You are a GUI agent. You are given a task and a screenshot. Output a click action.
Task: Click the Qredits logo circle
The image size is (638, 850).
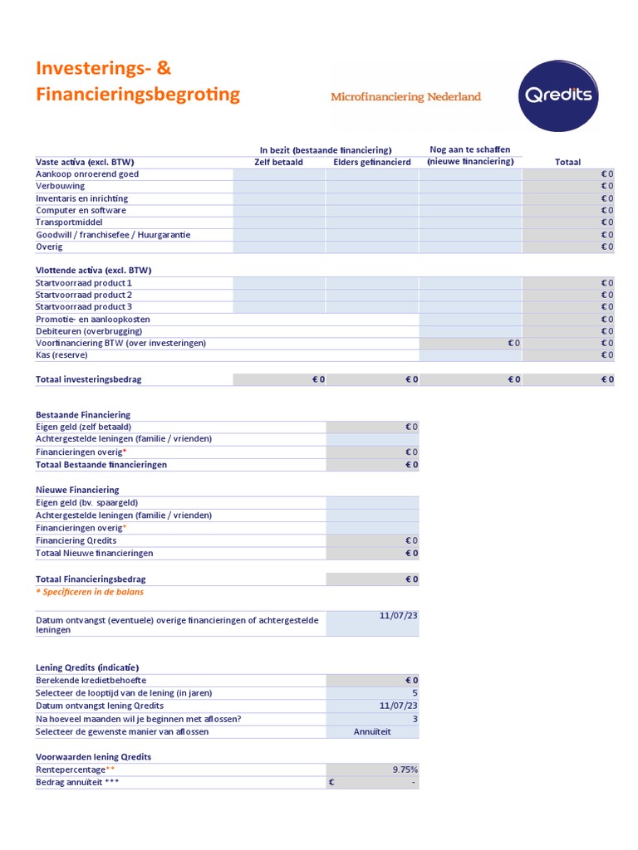point(557,95)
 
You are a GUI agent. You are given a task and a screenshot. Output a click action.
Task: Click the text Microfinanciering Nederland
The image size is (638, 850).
point(405,97)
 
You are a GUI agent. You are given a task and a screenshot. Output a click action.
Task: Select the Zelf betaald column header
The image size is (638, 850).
point(278,162)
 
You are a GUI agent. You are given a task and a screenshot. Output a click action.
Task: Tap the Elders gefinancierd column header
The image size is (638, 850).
point(371,162)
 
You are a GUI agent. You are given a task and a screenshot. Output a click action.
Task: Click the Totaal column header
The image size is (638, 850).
point(567,162)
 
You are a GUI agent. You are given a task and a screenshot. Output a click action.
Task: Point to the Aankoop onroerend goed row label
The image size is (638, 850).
point(87,174)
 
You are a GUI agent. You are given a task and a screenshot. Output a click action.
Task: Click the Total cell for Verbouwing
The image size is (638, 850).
point(568,186)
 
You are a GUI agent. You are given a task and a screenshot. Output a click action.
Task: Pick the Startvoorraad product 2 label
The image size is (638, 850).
point(84,295)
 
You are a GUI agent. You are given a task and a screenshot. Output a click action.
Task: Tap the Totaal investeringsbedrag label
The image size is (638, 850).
point(89,379)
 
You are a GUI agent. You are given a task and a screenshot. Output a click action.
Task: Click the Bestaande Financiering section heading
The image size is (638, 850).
point(83,414)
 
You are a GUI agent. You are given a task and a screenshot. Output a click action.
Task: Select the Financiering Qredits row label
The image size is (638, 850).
point(76,540)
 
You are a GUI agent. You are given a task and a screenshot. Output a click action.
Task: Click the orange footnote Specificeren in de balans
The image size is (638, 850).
point(90,592)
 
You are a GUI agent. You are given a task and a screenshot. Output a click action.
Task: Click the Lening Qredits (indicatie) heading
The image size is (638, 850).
point(87,667)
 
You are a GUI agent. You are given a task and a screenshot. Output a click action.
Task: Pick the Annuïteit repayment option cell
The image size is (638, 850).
point(372,731)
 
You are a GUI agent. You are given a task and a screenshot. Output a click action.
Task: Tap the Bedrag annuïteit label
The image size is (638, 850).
point(76,783)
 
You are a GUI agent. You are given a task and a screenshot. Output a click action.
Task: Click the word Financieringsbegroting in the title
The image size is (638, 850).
point(138,95)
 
